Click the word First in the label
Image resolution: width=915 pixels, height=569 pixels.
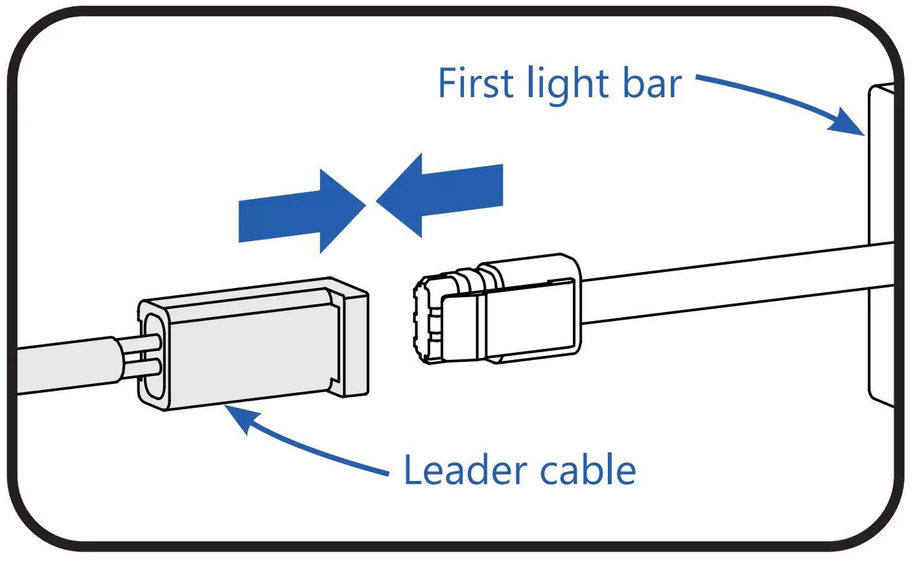tap(476, 84)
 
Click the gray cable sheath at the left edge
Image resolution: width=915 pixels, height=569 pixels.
tap(65, 366)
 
